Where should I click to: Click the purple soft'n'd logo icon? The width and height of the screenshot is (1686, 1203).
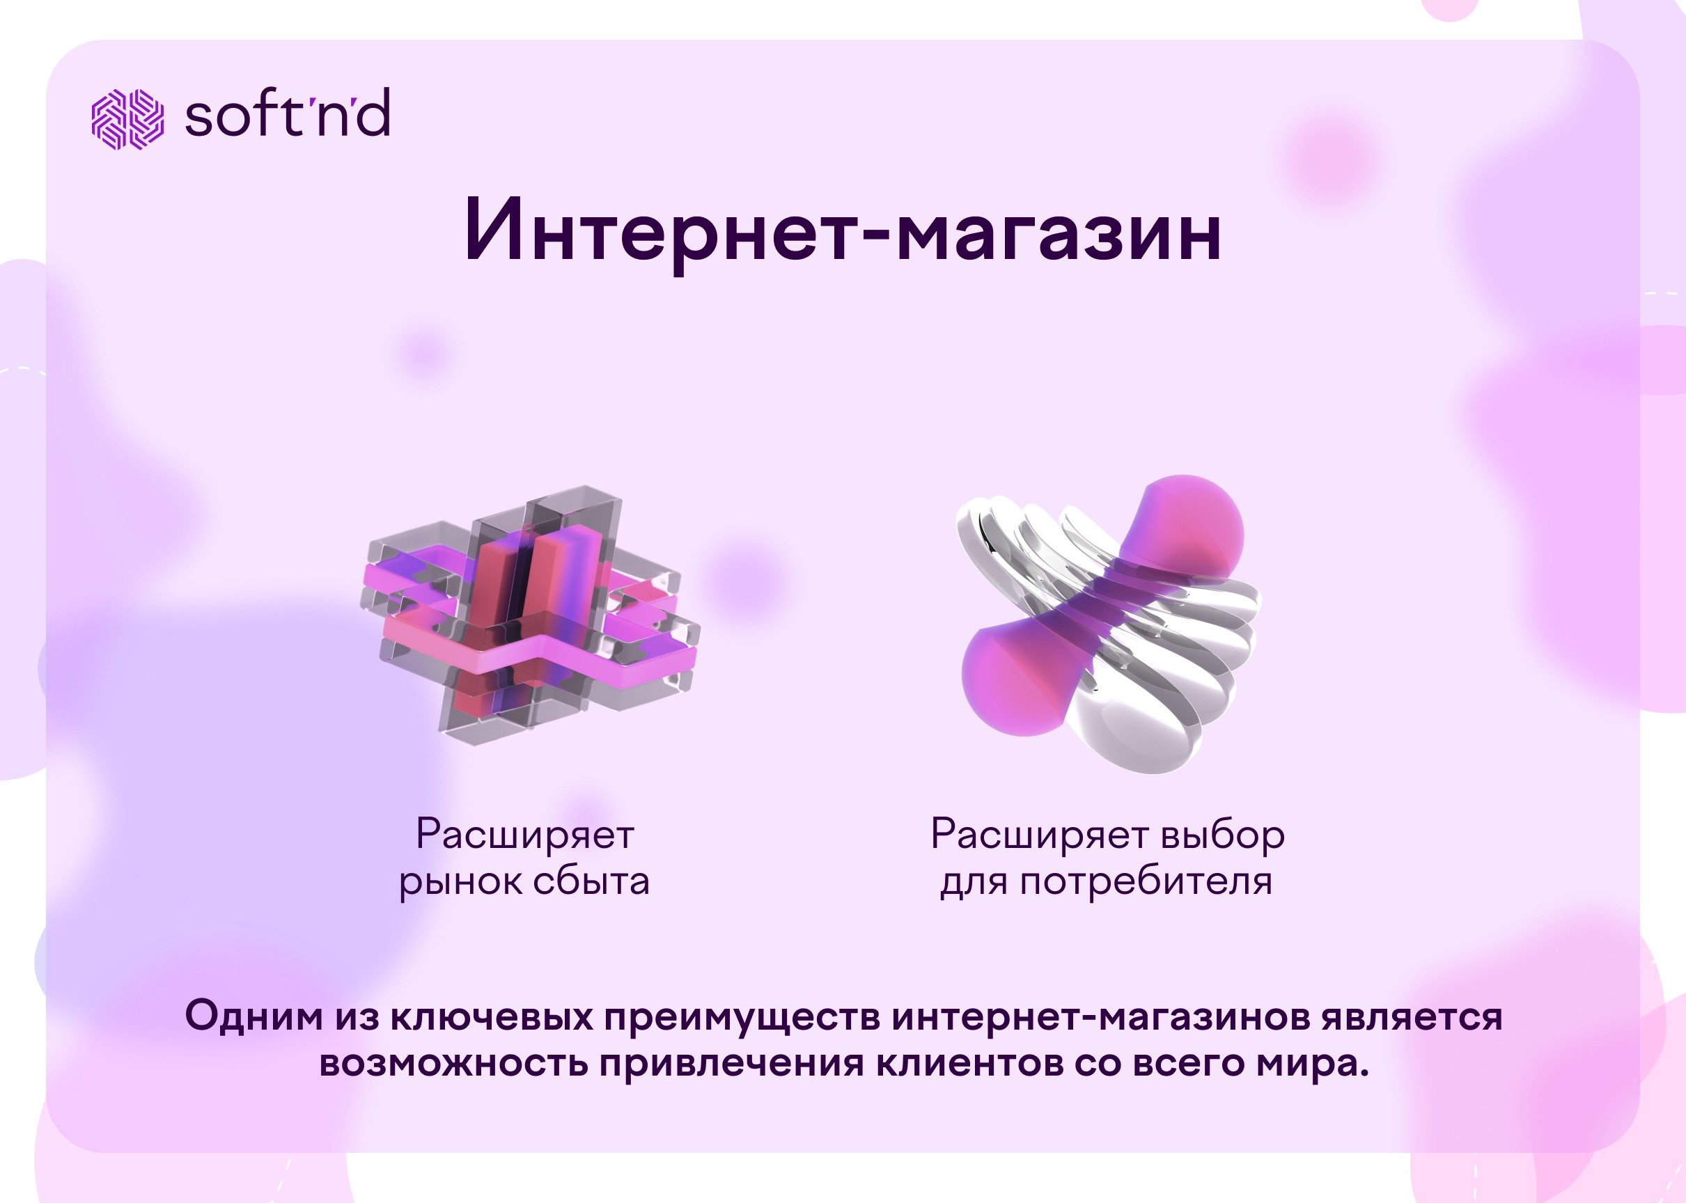[x=127, y=118]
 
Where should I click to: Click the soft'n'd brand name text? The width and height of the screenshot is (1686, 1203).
[x=288, y=113]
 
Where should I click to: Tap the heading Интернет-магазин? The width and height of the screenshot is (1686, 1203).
[x=843, y=230]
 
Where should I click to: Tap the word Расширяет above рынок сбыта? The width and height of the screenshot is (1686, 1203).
[x=524, y=834]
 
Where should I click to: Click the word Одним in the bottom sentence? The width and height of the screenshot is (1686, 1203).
[x=254, y=1016]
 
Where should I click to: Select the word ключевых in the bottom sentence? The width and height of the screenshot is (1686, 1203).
[x=492, y=1016]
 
